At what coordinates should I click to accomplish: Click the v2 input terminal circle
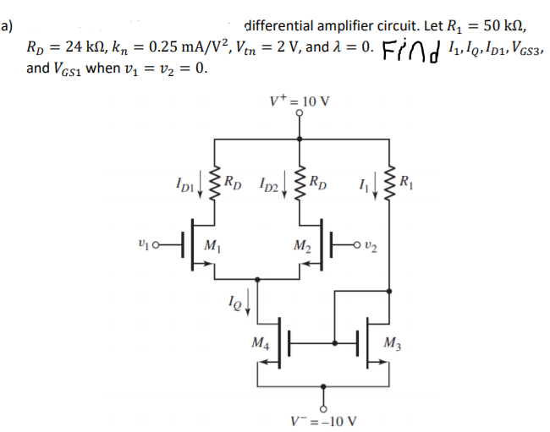[x=360, y=246]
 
